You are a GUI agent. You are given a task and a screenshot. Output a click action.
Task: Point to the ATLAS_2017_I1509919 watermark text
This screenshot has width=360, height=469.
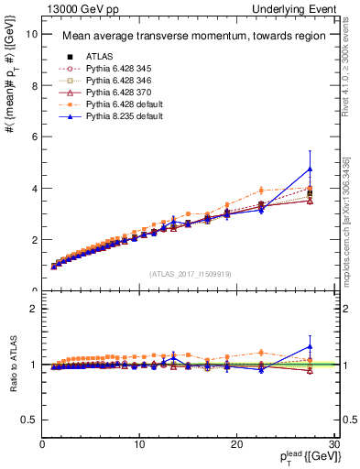pyautogui.click(x=190, y=273)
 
